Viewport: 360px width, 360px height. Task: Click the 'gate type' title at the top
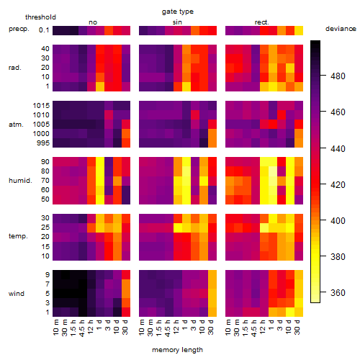click(x=178, y=12)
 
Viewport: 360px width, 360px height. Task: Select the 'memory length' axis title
click(x=177, y=350)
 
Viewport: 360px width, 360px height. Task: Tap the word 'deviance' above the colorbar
click(x=341, y=29)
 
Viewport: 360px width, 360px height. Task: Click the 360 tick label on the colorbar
click(x=338, y=293)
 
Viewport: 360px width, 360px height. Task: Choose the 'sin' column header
click(x=177, y=22)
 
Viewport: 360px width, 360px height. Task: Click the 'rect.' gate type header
click(x=262, y=22)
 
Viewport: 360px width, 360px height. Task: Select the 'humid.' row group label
click(x=20, y=181)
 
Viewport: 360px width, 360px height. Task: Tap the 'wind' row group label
click(x=17, y=294)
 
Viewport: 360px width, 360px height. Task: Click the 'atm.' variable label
click(x=16, y=125)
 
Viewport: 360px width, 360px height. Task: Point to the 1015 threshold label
click(x=41, y=106)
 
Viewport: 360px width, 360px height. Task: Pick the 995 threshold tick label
click(x=43, y=143)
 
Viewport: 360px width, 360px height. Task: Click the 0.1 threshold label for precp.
click(x=44, y=30)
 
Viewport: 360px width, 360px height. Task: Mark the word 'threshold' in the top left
click(x=40, y=17)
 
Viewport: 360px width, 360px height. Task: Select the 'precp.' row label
click(x=19, y=29)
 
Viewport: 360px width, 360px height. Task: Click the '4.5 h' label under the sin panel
click(x=168, y=328)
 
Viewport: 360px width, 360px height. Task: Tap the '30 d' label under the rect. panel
click(x=297, y=327)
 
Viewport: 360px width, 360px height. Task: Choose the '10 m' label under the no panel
click(x=55, y=328)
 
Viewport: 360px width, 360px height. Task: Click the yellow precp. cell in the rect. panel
click(x=299, y=30)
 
